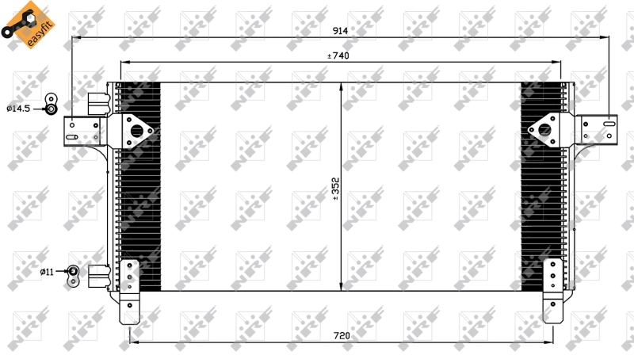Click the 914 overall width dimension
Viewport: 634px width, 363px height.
340,30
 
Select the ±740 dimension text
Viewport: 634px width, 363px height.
338,55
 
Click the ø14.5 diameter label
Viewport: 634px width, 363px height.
18,108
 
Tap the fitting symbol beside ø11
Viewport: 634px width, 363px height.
73,274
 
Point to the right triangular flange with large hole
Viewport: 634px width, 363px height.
544,129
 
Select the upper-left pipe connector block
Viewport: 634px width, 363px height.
98,101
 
